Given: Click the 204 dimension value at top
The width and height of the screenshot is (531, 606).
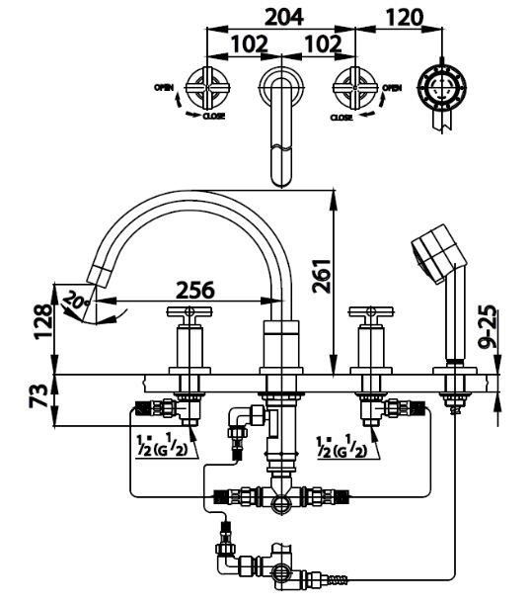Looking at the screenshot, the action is coord(285,17).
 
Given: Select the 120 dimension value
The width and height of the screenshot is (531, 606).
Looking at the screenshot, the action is coord(404,17).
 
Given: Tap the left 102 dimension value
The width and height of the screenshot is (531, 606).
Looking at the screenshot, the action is coord(250,44).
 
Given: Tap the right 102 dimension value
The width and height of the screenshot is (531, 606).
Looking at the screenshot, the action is coord(323,44).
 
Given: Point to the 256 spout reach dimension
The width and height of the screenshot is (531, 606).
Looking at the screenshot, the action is coord(194,290).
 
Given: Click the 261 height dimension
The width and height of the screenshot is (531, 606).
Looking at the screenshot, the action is coord(322,276).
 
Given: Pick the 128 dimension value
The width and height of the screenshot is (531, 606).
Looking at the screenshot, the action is coord(42,321).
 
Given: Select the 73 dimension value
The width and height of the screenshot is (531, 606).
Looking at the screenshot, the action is coord(38,395).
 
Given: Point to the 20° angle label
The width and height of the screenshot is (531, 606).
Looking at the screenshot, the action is coord(76,300).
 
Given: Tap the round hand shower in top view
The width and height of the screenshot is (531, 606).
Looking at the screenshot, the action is coord(442,87).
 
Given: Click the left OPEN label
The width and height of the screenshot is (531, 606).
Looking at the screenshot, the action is coord(164,88).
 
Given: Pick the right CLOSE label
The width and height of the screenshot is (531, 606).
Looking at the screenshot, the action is coord(341,117).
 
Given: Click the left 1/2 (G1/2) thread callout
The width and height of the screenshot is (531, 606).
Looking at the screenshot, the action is coord(162,446).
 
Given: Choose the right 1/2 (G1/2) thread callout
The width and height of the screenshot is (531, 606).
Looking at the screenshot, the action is coord(341,446).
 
